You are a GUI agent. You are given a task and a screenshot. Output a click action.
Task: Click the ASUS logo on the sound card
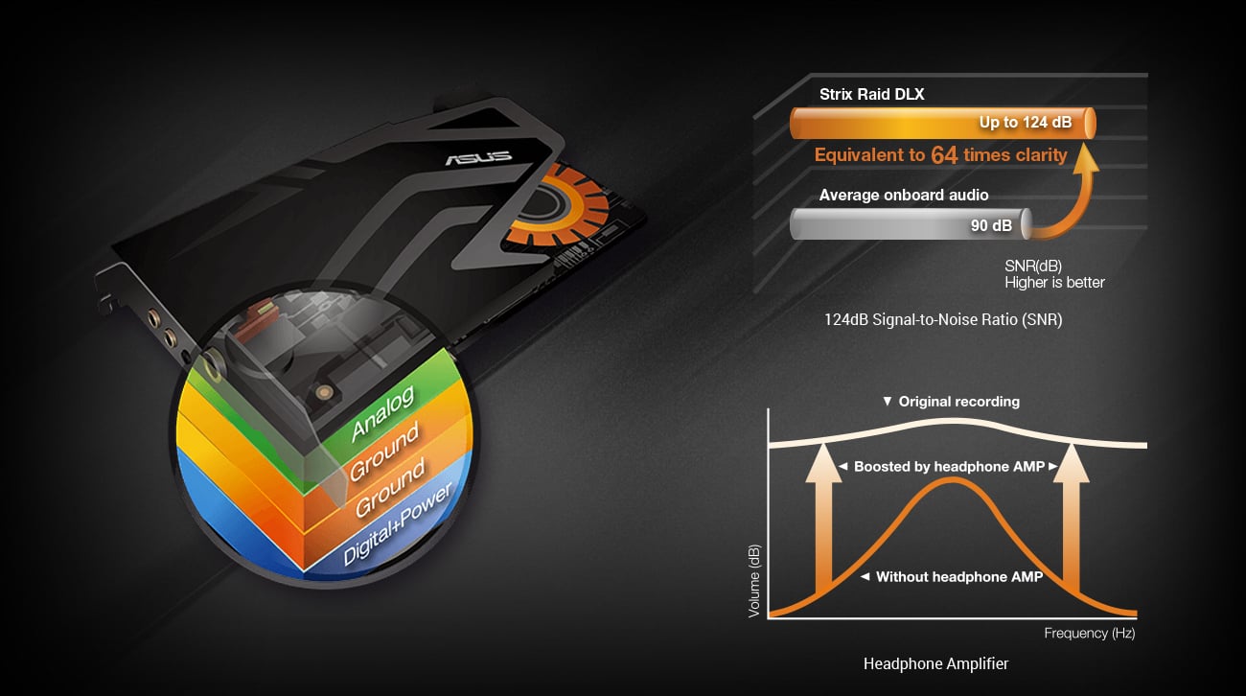pos(478,157)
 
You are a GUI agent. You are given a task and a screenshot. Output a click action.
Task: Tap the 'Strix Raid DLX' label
pos(871,95)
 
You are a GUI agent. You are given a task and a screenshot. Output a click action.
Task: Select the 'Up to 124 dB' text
pos(1026,123)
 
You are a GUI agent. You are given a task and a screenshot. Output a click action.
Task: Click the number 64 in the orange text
pos(944,155)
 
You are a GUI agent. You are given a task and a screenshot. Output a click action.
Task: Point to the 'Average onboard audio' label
pos(903,196)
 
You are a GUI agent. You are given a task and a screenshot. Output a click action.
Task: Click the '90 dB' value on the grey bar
pos(991,225)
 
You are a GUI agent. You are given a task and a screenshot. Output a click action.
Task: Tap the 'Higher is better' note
pos(1054,283)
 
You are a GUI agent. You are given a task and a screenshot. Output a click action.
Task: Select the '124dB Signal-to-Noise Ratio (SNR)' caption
pos(943,320)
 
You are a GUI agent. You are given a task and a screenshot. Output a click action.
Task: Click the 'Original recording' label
pos(959,402)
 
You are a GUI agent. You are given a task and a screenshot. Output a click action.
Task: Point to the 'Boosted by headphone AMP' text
pos(949,467)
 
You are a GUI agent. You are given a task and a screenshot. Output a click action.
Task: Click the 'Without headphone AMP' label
pos(959,577)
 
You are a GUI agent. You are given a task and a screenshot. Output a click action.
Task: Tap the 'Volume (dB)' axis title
pos(753,581)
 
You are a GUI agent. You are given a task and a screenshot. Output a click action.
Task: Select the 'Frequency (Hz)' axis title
pos(1089,633)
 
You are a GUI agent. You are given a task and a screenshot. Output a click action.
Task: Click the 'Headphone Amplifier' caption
pos(935,663)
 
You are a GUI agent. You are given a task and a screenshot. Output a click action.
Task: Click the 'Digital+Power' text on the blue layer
pos(397,523)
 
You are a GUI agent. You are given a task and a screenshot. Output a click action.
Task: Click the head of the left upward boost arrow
pos(824,462)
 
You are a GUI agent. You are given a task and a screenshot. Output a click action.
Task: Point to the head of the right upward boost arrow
pos(1072,462)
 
